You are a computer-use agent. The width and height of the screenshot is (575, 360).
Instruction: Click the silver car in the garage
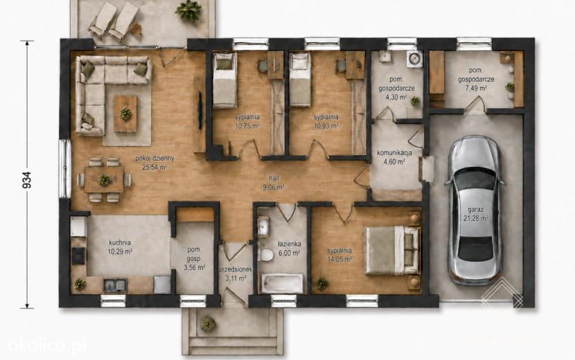click(x=475, y=210)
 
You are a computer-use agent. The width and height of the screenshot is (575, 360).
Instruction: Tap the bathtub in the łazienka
click(x=282, y=283)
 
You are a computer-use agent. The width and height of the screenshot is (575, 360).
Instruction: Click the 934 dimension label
click(x=27, y=180)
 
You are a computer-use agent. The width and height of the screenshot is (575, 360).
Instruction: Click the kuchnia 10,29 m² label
click(x=120, y=246)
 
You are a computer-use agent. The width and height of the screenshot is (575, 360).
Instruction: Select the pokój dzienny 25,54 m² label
click(x=154, y=163)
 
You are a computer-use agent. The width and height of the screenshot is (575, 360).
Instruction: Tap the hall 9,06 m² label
click(x=274, y=182)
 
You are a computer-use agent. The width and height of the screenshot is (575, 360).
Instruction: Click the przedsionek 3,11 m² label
click(x=236, y=273)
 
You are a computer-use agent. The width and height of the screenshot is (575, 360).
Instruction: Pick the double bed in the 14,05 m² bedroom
click(x=392, y=251)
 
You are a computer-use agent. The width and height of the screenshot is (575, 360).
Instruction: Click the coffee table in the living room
click(x=125, y=114)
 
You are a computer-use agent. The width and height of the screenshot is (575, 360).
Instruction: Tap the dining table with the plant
click(x=105, y=179)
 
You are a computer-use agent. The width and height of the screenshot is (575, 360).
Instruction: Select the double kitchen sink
click(x=115, y=285)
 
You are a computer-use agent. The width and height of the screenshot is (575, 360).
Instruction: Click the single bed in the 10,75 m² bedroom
click(x=224, y=80)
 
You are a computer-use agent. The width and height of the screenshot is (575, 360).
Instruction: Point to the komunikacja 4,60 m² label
click(x=395, y=157)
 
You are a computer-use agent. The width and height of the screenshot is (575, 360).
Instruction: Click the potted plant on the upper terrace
click(x=188, y=10)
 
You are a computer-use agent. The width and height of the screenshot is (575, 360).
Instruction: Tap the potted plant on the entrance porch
click(x=207, y=324)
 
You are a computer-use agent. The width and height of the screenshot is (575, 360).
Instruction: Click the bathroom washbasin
click(x=263, y=226)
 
